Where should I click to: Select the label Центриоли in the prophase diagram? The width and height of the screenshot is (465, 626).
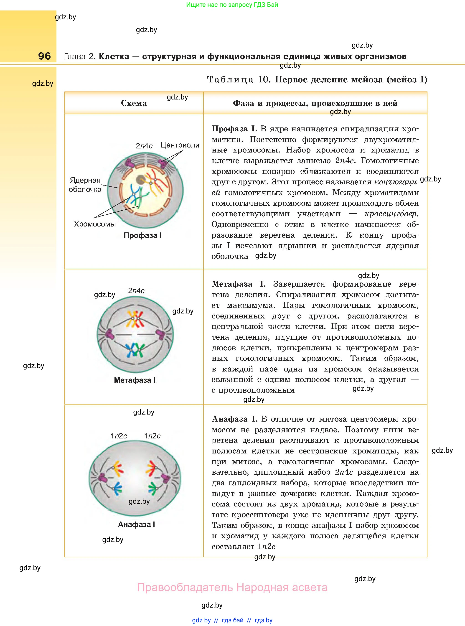click(180, 145)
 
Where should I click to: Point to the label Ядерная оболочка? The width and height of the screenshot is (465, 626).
click(85, 185)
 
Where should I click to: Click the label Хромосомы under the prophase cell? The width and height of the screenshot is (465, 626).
click(95, 224)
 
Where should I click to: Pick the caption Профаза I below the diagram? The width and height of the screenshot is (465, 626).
click(142, 235)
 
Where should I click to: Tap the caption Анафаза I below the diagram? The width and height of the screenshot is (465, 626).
click(136, 524)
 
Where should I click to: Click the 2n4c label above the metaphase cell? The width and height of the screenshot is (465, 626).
click(136, 290)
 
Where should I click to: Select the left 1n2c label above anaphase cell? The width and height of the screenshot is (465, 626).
click(119, 436)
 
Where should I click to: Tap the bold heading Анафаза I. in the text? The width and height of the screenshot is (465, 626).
click(234, 419)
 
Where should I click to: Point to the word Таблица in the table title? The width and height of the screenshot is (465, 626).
click(230, 80)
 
